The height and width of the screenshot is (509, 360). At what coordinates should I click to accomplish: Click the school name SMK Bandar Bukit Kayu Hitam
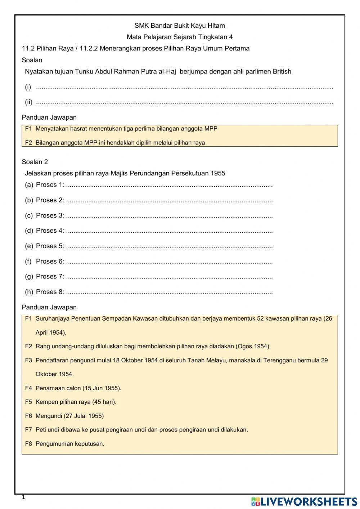[180, 26]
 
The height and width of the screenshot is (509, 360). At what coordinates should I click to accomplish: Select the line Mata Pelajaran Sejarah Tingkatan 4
[180, 37]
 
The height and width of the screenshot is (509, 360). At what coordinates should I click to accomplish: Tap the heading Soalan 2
[35, 162]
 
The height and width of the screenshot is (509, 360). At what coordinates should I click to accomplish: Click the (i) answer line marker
[28, 87]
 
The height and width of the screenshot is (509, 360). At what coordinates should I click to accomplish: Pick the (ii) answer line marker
[29, 102]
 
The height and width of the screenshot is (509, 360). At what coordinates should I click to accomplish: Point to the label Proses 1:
[50, 185]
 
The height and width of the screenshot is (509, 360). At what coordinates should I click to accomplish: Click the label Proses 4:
[50, 231]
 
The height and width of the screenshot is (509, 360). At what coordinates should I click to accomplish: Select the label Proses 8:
[50, 292]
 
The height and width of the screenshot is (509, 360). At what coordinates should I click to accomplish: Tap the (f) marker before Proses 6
[28, 262]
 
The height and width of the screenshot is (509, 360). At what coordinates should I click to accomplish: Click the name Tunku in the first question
[84, 71]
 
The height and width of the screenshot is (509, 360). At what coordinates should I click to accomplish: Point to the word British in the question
[282, 71]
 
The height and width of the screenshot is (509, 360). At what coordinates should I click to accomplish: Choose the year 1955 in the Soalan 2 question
[218, 173]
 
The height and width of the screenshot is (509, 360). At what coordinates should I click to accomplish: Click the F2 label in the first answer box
[28, 143]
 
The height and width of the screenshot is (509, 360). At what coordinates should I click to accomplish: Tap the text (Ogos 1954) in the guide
[253, 346]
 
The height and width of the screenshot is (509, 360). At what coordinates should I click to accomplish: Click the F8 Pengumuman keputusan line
[65, 444]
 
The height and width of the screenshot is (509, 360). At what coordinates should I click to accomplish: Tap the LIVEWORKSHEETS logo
[304, 501]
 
